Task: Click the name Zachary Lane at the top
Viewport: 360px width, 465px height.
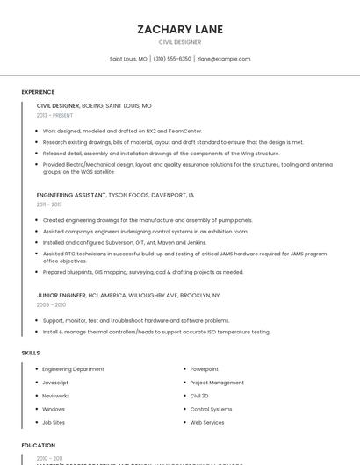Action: (180, 29)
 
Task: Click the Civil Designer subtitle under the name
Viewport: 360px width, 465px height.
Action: (180, 41)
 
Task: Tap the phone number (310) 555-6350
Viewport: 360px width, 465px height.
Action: (172, 59)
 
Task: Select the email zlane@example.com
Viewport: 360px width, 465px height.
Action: (224, 59)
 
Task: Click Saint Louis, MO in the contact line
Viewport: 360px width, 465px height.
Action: (128, 59)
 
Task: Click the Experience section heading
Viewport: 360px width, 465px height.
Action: (38, 91)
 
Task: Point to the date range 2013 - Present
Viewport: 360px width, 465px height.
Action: (54, 115)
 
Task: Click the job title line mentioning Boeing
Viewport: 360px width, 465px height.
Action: (94, 105)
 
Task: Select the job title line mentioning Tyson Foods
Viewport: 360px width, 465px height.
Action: (115, 195)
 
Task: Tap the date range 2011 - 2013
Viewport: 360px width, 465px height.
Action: (49, 204)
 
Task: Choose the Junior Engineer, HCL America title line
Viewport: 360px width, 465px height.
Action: (127, 295)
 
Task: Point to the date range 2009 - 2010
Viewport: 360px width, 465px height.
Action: (51, 304)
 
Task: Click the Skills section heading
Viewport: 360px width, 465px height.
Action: (31, 353)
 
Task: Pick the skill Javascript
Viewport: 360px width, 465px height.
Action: (55, 383)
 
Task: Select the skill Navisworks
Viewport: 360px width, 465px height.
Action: (57, 396)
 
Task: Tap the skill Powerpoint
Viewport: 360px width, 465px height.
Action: (205, 369)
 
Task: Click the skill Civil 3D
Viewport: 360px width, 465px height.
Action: (199, 396)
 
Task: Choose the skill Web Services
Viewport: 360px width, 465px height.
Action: (207, 422)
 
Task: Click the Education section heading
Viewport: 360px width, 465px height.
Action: (38, 446)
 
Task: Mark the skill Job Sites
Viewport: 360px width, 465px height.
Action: (54, 422)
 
